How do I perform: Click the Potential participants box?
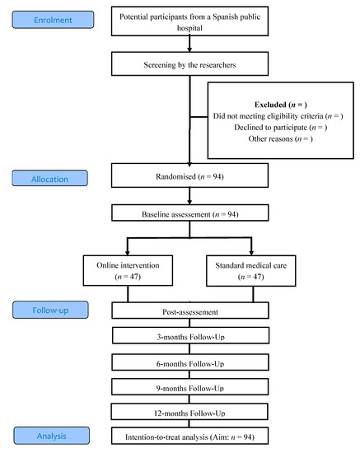[x=191, y=22]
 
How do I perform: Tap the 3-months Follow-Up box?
[x=191, y=337]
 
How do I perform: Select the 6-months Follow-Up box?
[x=191, y=362]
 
